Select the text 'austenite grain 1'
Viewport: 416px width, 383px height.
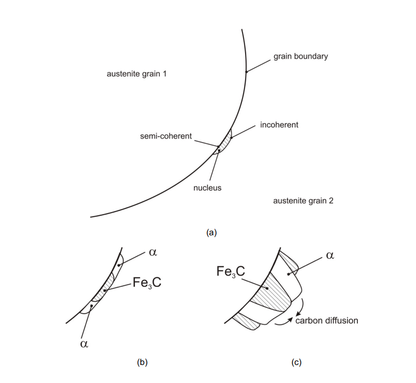(136, 74)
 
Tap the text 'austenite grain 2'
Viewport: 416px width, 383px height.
(303, 201)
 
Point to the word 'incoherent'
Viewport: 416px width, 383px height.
(279, 125)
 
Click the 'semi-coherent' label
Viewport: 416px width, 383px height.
(165, 136)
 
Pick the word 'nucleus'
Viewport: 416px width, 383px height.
(207, 188)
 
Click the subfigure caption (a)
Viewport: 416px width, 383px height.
(211, 233)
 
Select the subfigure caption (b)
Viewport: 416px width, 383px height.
(142, 362)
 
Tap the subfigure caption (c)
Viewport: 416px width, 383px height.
(296, 362)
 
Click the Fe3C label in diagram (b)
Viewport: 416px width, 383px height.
(146, 282)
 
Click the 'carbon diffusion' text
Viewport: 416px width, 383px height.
(326, 320)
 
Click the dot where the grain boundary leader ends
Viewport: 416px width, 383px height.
(246, 72)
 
